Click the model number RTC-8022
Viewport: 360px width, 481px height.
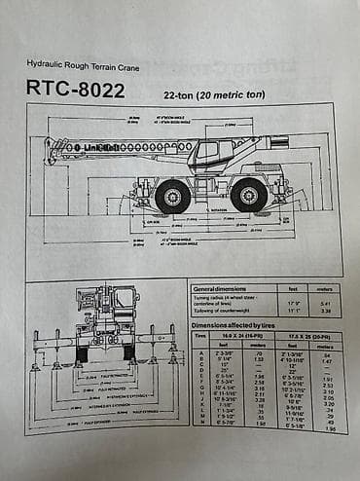[x=75, y=91]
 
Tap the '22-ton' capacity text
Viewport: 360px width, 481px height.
[x=171, y=94]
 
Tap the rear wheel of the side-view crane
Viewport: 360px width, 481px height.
[x=248, y=196]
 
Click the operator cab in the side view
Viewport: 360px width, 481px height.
[x=210, y=153]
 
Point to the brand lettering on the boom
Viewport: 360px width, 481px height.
[x=102, y=147]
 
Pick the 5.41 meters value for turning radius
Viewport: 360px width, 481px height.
[x=326, y=303]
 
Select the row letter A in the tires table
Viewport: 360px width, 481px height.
[x=199, y=352]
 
